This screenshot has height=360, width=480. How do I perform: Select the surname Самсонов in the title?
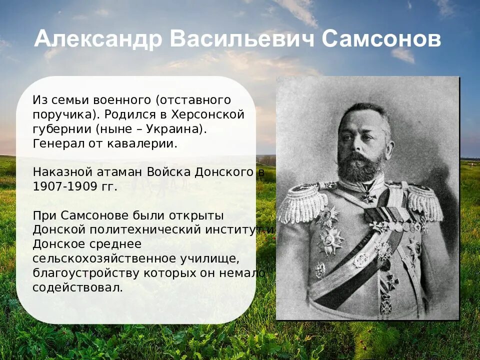click(x=382, y=39)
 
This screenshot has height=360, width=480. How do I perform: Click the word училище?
click(x=207, y=258)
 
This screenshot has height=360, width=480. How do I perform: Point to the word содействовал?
click(x=77, y=287)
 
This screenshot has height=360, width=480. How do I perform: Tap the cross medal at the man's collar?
click(x=369, y=196)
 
